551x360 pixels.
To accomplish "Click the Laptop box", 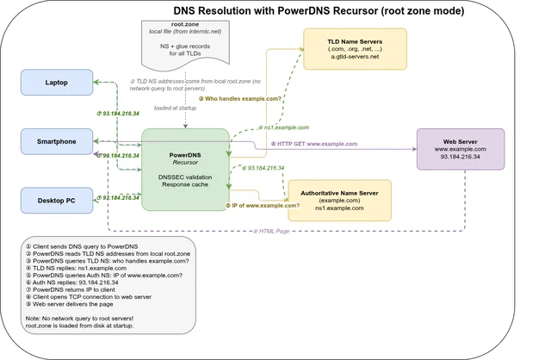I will click(56, 83).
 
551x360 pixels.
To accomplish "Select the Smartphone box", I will click(56, 142).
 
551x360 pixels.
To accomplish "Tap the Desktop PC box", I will click(56, 200).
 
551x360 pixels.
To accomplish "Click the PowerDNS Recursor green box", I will click(185, 169).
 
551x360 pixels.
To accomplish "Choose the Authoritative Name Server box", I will click(339, 200).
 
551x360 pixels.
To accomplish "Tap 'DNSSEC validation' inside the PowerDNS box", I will click(184, 176).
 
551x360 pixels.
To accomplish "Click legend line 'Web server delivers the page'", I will click(82, 304).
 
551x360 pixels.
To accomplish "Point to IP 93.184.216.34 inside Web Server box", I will click(460, 158).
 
